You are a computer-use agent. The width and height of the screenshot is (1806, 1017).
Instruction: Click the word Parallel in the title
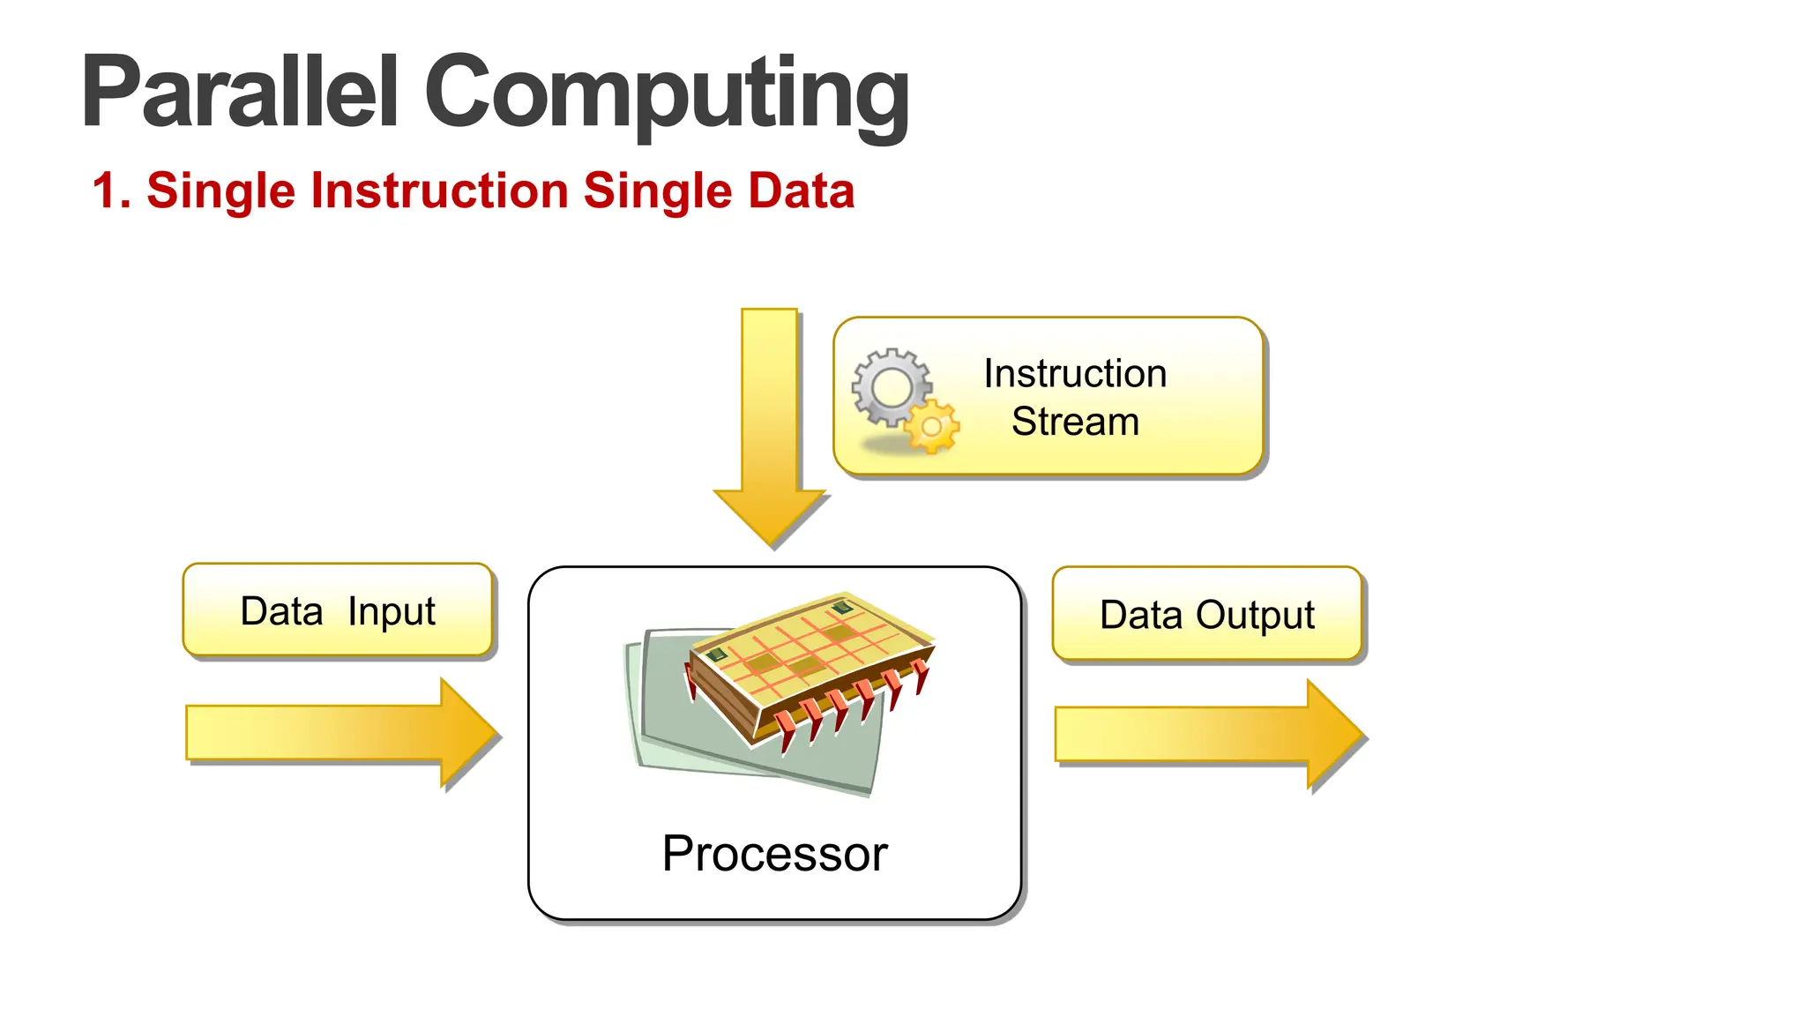(240, 93)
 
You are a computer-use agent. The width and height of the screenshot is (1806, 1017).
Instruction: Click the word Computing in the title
(667, 93)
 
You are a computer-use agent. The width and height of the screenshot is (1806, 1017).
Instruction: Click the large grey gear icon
(892, 387)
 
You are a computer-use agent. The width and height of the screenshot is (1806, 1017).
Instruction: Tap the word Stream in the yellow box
(1075, 422)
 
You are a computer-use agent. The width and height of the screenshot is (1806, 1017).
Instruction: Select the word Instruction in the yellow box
(1075, 374)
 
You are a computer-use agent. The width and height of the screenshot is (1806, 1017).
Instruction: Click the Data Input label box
(338, 610)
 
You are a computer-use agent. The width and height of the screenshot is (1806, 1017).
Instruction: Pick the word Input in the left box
(392, 611)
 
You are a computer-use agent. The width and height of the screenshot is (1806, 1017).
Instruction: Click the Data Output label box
(1207, 615)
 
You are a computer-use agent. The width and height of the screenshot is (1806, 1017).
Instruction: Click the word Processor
(774, 854)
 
